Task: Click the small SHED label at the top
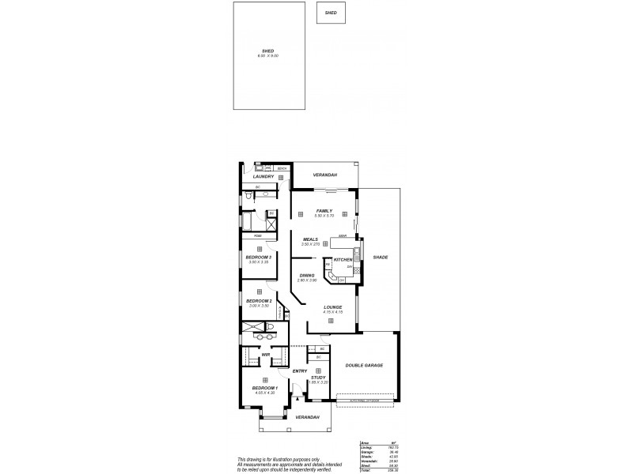(x=331, y=13)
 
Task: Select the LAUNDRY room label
(x=263, y=177)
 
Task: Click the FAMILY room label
(x=324, y=211)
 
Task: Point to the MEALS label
(x=310, y=239)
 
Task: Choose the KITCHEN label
(x=343, y=260)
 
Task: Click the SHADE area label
(x=381, y=258)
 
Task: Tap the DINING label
(x=306, y=275)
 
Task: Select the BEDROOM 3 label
(x=259, y=258)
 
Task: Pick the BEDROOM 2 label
(x=259, y=301)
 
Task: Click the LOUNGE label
(x=332, y=307)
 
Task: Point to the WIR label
(x=267, y=355)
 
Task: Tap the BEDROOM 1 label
(x=264, y=388)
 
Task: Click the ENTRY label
(x=299, y=371)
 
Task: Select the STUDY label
(x=318, y=378)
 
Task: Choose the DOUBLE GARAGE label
(x=364, y=366)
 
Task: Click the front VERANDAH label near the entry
(x=307, y=416)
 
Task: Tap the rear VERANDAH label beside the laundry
(x=324, y=175)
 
